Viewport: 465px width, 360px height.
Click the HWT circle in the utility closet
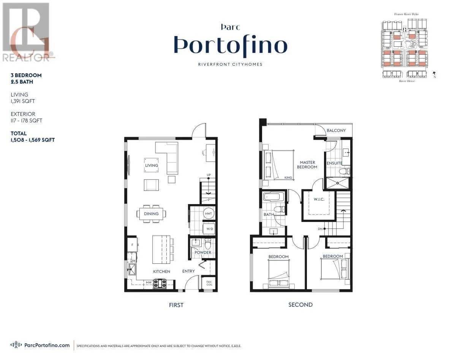208,214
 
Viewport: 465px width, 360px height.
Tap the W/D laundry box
209,229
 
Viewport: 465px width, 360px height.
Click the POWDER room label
203,252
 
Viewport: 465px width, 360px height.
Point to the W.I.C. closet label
319,200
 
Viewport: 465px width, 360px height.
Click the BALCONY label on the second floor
336,130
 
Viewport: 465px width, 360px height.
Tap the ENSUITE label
334,163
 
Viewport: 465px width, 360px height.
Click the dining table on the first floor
151,214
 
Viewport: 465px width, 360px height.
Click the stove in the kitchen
160,282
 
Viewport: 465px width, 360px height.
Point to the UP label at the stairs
209,175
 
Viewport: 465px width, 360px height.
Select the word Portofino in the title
231,45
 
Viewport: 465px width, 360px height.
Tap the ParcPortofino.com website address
47,345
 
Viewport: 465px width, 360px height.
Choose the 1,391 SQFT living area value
23,101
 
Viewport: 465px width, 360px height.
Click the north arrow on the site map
434,74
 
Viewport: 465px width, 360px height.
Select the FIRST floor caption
176,305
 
